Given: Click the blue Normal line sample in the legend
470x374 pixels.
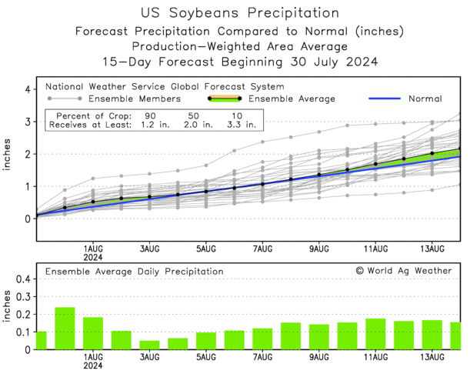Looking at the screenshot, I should point(388,99).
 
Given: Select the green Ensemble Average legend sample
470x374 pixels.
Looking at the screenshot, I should point(225,99).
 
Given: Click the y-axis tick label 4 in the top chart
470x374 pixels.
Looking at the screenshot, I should point(27,90).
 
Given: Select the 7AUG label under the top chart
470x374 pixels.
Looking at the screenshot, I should point(263,249).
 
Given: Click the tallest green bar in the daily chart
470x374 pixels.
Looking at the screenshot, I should point(65,329).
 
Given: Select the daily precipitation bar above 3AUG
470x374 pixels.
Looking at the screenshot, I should point(149,345).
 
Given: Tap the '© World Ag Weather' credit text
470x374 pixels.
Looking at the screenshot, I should point(404,271).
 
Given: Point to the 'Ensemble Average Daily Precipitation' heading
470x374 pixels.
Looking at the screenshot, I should point(134,271).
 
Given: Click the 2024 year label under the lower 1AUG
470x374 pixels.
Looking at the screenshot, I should point(93,366).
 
